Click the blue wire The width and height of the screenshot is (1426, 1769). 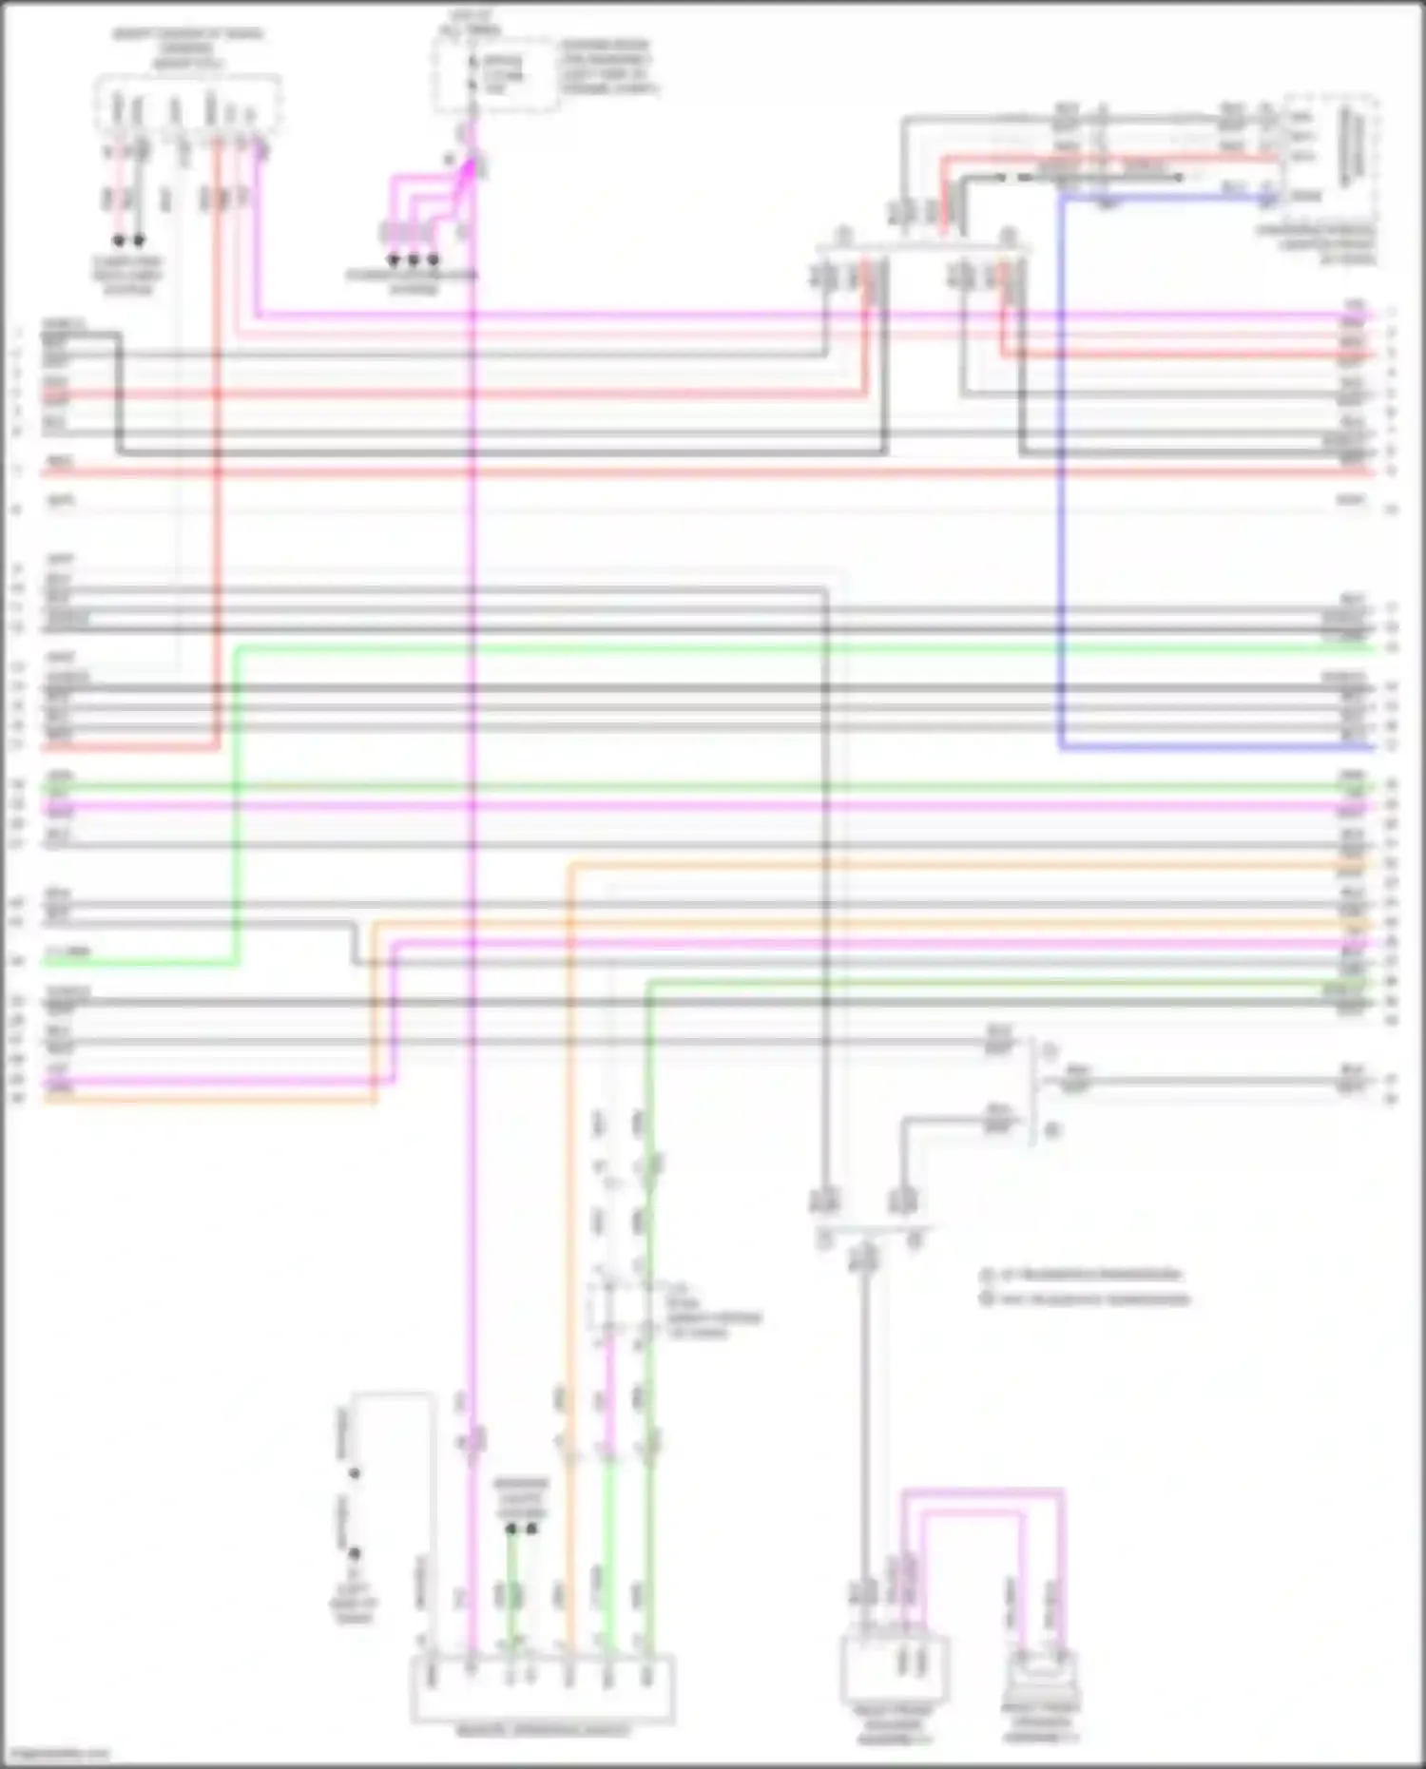pos(1061,475)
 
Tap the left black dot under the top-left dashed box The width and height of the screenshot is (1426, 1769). pos(119,240)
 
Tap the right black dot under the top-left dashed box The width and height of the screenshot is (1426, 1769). pos(139,240)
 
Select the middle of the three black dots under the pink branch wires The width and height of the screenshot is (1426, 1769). pos(414,260)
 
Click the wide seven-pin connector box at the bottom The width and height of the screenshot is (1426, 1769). pos(542,1688)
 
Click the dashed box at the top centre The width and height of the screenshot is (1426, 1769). pos(494,74)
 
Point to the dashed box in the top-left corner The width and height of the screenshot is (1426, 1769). pos(187,103)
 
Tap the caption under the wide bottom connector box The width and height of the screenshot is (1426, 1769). pos(542,1731)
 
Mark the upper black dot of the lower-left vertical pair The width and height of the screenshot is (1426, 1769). pos(354,1473)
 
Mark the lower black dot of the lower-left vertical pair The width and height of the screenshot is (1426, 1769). pos(354,1553)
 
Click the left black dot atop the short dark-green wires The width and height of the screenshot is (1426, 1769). pos(511,1529)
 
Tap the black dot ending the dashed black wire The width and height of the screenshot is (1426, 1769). pos(1179,177)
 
